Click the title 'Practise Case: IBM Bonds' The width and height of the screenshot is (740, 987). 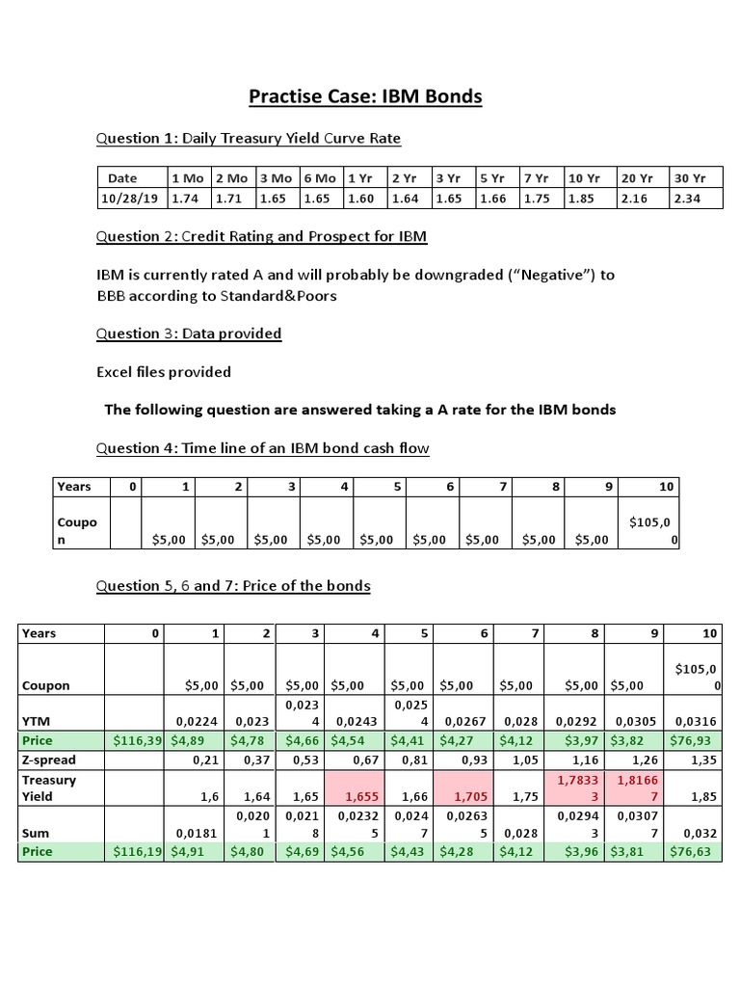pyautogui.click(x=365, y=96)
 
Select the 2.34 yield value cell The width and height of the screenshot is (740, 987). pyautogui.click(x=687, y=198)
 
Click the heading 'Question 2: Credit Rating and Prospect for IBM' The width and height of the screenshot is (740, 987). pyautogui.click(x=262, y=236)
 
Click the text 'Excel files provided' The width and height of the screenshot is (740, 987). pyautogui.click(x=164, y=372)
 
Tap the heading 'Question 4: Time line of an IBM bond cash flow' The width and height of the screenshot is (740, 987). pyautogui.click(x=263, y=448)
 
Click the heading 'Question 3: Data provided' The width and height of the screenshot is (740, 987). pyautogui.click(x=189, y=333)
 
